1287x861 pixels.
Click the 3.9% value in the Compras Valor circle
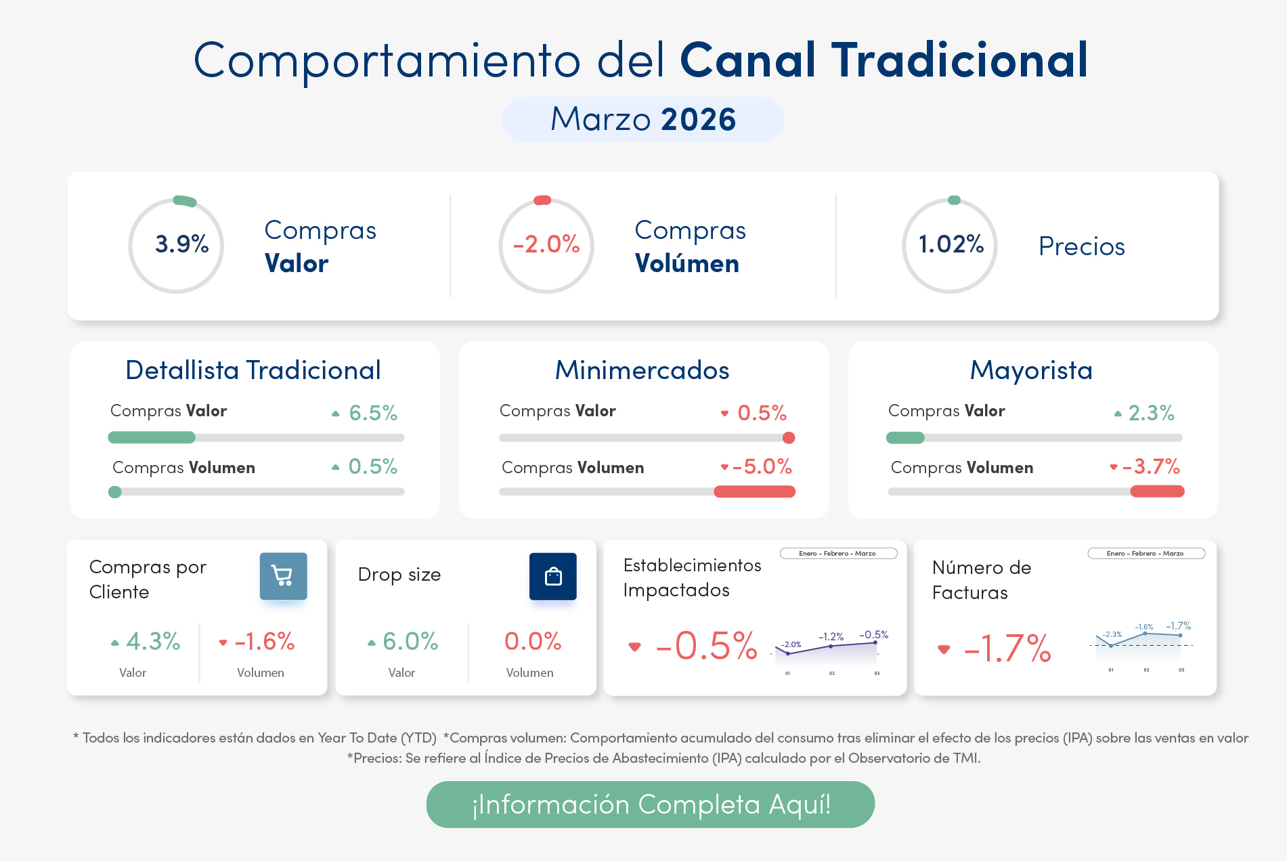pyautogui.click(x=181, y=244)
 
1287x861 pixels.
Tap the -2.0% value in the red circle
pyautogui.click(x=546, y=244)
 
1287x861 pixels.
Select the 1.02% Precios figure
pyautogui.click(x=951, y=244)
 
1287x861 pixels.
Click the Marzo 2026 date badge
pyautogui.click(x=642, y=119)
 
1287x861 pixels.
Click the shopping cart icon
pyautogui.click(x=283, y=576)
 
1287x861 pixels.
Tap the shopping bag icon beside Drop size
pyautogui.click(x=552, y=576)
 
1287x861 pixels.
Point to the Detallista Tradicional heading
pyautogui.click(x=253, y=370)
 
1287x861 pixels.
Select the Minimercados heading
pyautogui.click(x=642, y=370)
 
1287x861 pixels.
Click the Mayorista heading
pyautogui.click(x=1031, y=370)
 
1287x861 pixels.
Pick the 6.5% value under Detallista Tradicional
pyautogui.click(x=372, y=412)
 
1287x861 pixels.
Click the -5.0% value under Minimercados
pyautogui.click(x=762, y=466)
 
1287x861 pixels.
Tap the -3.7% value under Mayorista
pyautogui.click(x=1150, y=466)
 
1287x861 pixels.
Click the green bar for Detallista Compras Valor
pyautogui.click(x=152, y=437)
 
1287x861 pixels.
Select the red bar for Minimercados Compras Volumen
pyautogui.click(x=754, y=491)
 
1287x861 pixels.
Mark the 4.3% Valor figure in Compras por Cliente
pyautogui.click(x=153, y=641)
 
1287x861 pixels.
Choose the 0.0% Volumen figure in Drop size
pyautogui.click(x=532, y=641)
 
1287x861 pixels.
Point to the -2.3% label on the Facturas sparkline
pyautogui.click(x=1112, y=634)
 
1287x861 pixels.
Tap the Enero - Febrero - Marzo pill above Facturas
pyautogui.click(x=1146, y=554)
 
